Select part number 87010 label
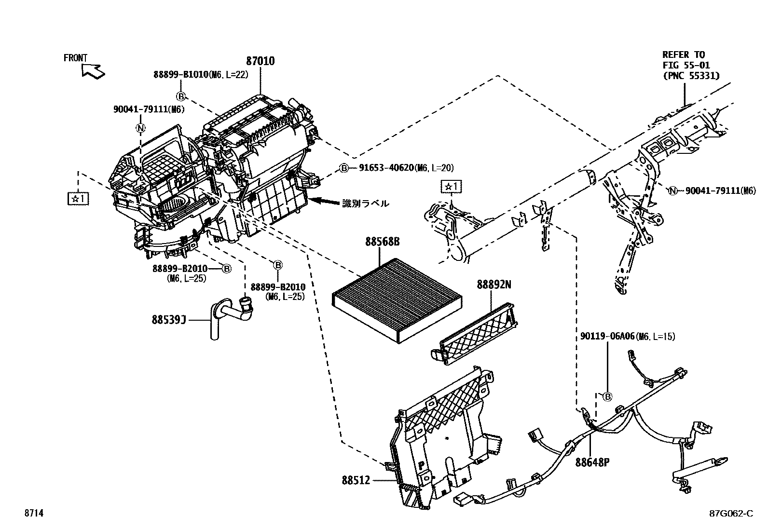261,61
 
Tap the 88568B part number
383,242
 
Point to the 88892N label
494,285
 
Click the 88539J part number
169,319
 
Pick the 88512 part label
356,480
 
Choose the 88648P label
592,462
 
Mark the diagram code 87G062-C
731,514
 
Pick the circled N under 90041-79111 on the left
140,128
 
